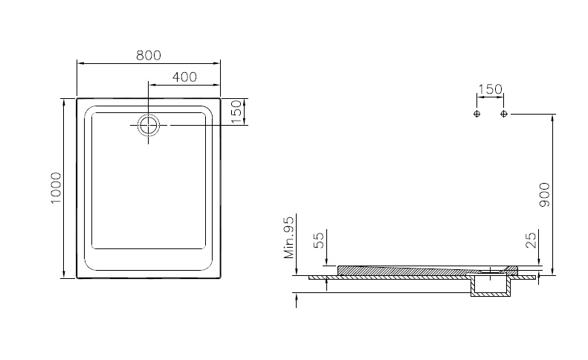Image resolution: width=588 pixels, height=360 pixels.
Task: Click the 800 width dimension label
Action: [x=149, y=55]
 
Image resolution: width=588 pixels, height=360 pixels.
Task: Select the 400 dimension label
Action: [x=184, y=77]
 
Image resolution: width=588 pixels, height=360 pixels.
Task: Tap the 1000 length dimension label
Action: [x=56, y=188]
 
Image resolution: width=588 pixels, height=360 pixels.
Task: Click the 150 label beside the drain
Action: [x=236, y=112]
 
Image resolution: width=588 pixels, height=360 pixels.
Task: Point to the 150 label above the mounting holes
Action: [x=490, y=89]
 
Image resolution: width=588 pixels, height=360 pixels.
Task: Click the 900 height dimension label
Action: [x=544, y=194]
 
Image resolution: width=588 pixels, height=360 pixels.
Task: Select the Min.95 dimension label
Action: [x=289, y=237]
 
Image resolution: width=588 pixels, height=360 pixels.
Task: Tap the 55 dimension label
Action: [x=318, y=240]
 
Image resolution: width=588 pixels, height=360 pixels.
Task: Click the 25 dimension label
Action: [x=532, y=240]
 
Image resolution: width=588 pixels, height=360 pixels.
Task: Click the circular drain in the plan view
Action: [x=149, y=125]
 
